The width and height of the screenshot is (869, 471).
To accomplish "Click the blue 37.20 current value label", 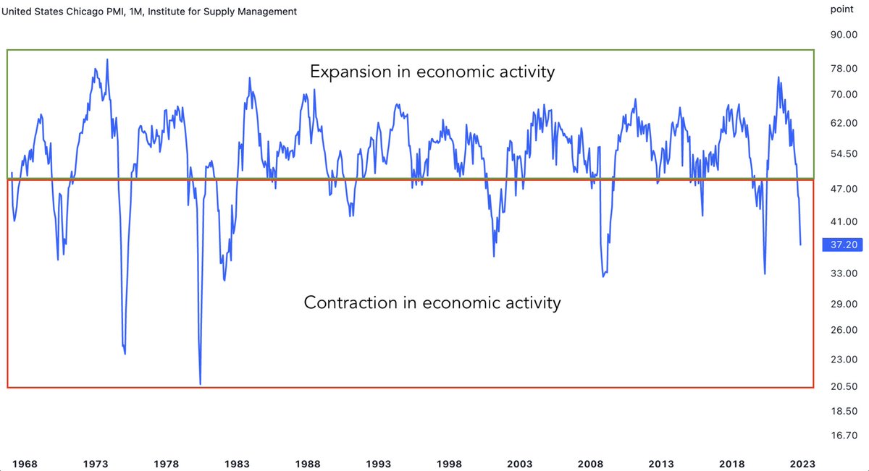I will coord(842,245).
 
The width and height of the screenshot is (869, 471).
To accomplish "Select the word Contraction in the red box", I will coord(350,302).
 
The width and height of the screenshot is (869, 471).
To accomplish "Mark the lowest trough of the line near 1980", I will coord(200,384).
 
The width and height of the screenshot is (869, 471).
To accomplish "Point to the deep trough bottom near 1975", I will coord(125,353).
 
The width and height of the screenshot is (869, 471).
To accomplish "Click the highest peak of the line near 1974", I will coord(107,59).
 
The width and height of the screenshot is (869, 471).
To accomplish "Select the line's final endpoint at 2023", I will coord(800,245).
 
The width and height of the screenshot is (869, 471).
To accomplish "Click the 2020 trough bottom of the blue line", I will coord(765,273).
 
